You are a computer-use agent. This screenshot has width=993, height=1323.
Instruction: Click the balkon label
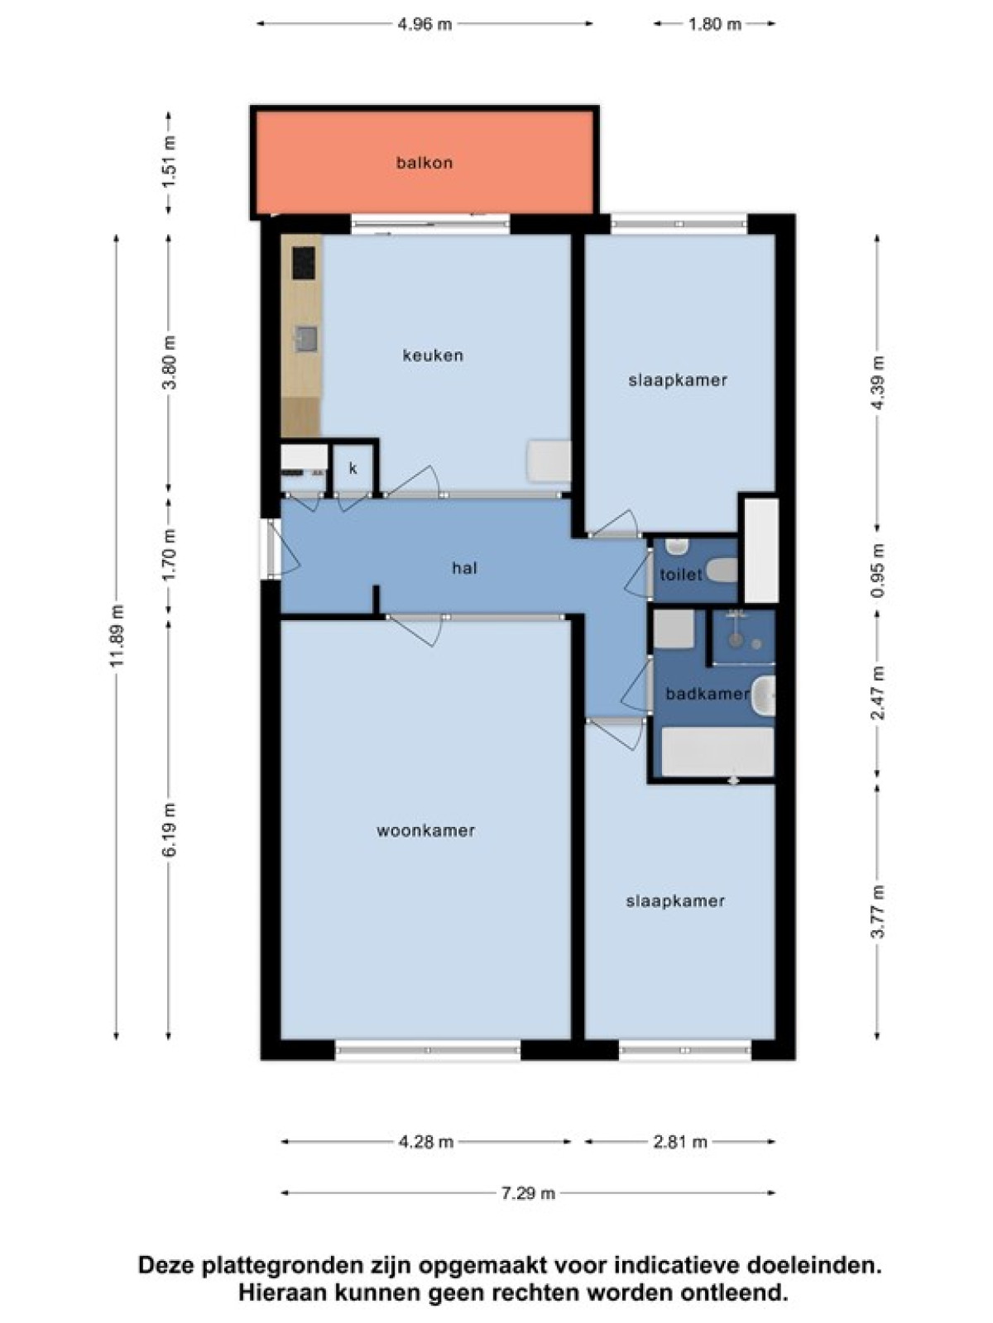point(425,163)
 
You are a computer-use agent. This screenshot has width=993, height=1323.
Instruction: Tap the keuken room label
point(433,356)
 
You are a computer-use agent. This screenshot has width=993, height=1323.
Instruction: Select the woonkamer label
point(425,831)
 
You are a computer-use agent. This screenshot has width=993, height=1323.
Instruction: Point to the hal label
point(464,568)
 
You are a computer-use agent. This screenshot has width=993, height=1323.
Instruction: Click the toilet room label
point(681,575)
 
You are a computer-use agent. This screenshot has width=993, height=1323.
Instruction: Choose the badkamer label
point(707,694)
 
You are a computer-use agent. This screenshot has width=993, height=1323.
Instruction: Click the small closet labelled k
point(353,468)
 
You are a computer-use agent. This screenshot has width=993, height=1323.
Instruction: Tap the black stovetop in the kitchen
point(304,264)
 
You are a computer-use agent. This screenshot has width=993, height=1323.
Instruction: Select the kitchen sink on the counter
point(305,339)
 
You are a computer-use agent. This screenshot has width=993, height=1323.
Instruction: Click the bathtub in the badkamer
point(717,752)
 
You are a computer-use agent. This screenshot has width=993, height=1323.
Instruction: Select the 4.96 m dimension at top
point(425,25)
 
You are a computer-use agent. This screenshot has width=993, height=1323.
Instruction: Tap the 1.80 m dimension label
point(714,25)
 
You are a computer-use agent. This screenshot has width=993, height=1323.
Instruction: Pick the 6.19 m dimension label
point(170,830)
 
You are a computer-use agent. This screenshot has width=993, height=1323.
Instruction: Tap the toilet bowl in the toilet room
point(722,571)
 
